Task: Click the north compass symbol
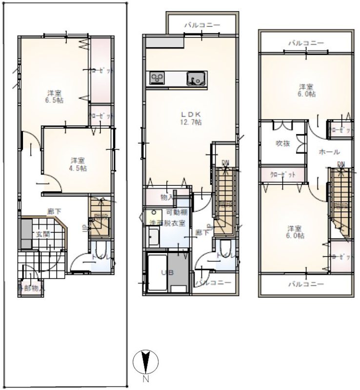click(x=145, y=362)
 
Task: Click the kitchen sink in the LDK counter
click(x=197, y=77)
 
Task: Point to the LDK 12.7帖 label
click(x=191, y=118)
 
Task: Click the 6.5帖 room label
click(x=54, y=96)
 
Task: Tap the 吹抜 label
click(x=283, y=143)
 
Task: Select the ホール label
click(x=329, y=152)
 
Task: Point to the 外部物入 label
click(x=31, y=288)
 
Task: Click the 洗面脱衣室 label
click(x=167, y=222)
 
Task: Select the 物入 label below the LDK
click(x=167, y=197)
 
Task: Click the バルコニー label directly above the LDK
click(x=202, y=25)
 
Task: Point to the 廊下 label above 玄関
click(x=54, y=211)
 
